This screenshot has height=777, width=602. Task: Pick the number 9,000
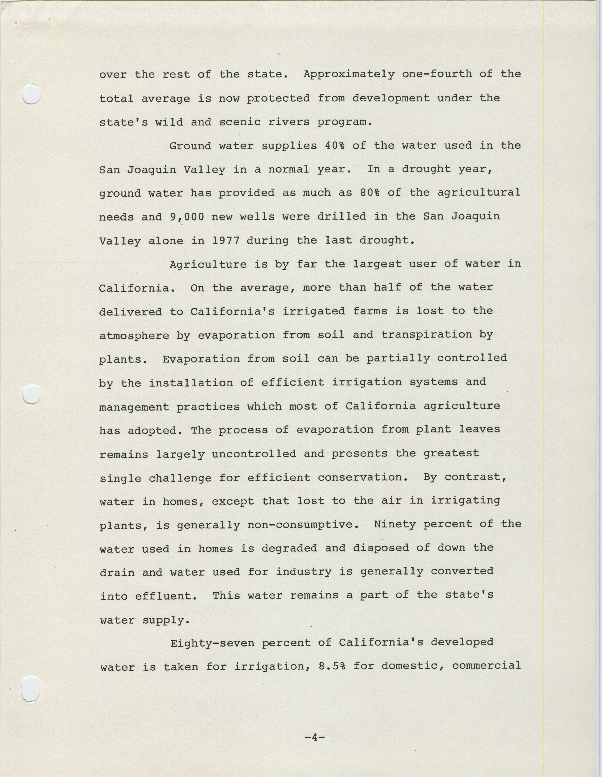click(x=187, y=217)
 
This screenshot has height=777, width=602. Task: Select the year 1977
click(x=226, y=241)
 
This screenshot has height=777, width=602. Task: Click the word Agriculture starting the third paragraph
click(x=208, y=265)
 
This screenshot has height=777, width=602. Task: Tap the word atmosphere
click(x=134, y=336)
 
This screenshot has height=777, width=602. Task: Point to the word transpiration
click(x=426, y=335)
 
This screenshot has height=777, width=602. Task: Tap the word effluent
click(x=166, y=596)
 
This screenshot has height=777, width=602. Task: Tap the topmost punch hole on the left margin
click(x=31, y=94)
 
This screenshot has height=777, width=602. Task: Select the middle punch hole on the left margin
click(x=31, y=394)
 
